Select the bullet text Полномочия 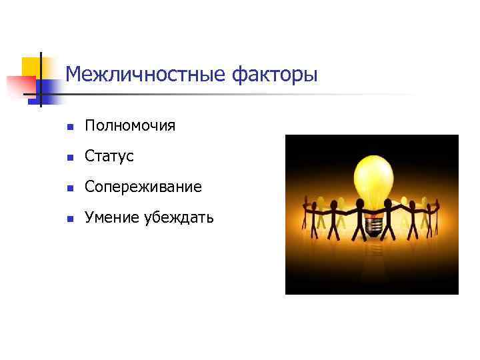pyautogui.click(x=129, y=125)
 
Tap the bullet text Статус pyautogui.click(x=109, y=156)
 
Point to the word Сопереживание pyautogui.click(x=143, y=187)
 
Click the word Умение pyautogui.click(x=109, y=217)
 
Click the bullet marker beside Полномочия pyautogui.click(x=69, y=126)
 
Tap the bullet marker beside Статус pyautogui.click(x=69, y=157)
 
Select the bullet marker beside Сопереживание pyautogui.click(x=69, y=187)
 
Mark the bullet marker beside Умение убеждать pyautogui.click(x=69, y=218)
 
